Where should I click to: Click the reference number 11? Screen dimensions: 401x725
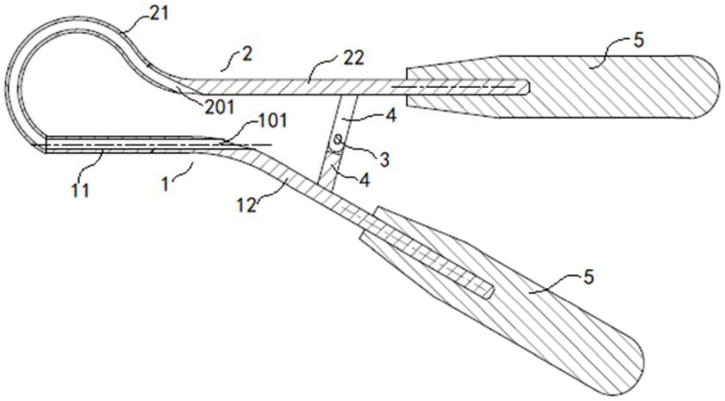pyautogui.click(x=81, y=190)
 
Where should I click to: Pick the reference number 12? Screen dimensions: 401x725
pyautogui.click(x=246, y=205)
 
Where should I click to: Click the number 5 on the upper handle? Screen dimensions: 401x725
pyautogui.click(x=639, y=40)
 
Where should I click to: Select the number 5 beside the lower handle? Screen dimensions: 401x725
pyautogui.click(x=588, y=277)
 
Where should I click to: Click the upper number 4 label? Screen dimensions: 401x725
pyautogui.click(x=390, y=115)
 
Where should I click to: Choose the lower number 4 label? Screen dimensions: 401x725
pyautogui.click(x=364, y=180)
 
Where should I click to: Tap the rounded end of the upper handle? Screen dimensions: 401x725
pyautogui.click(x=706, y=86)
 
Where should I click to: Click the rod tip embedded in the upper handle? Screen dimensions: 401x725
pyautogui.click(x=526, y=87)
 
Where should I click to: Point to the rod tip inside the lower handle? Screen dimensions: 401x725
pyautogui.click(x=489, y=291)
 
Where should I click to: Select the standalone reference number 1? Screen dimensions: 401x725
pyautogui.click(x=165, y=184)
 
